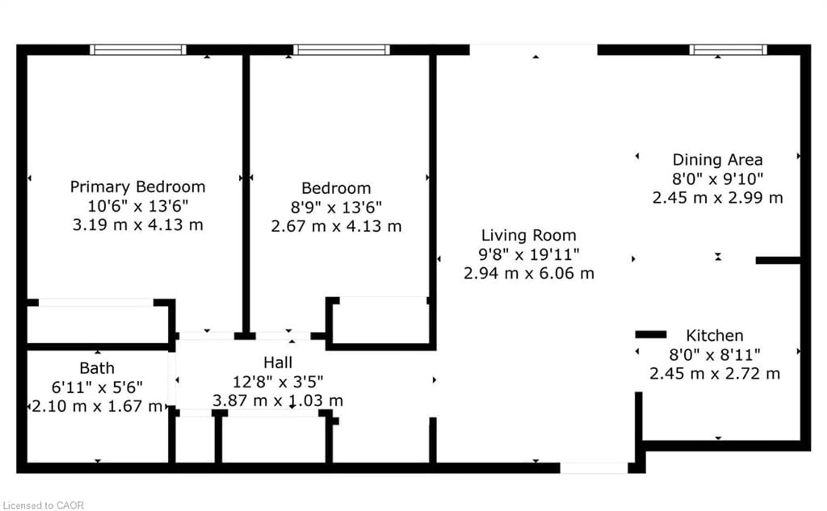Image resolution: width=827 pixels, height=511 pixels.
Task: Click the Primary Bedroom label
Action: pos(138,187)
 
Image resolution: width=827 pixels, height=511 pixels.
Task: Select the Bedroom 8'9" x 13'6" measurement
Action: pos(336,207)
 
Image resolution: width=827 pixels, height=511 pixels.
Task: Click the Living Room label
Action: pos(529,235)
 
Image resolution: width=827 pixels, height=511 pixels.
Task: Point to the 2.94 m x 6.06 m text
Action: pos(529,273)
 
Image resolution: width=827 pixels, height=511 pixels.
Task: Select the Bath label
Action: pos(97,368)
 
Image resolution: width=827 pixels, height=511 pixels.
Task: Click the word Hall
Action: pos(278,363)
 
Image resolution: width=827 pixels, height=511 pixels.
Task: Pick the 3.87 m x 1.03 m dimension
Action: pos(278,401)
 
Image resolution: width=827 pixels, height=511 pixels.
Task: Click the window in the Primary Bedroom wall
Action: pos(138,50)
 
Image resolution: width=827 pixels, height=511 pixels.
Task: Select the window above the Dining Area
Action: pos(728,50)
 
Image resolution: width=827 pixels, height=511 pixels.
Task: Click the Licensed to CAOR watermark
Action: pos(43,505)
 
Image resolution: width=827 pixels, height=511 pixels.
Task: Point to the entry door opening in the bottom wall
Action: pos(594,468)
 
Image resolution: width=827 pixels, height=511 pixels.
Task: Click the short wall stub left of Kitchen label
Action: pos(651,334)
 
